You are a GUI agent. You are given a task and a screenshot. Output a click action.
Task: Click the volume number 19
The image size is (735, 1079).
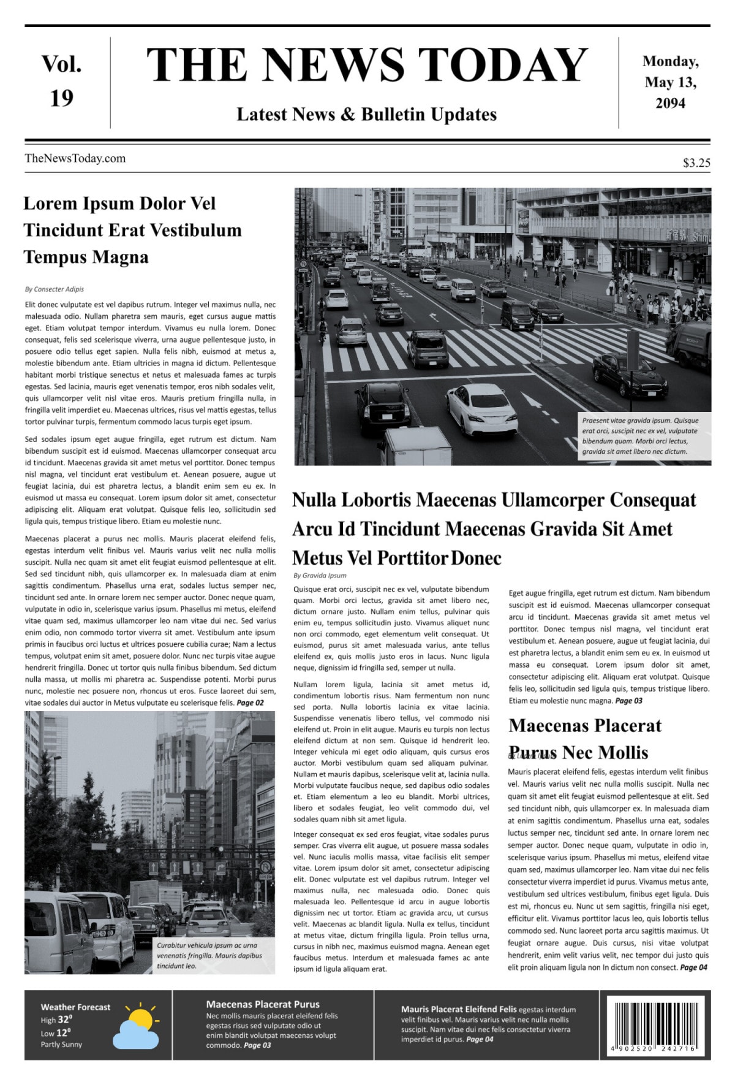pos(62,99)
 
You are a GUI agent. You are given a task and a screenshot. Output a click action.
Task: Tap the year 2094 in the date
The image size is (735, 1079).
pos(670,103)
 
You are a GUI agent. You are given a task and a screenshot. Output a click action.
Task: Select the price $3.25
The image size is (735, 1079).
pos(696,162)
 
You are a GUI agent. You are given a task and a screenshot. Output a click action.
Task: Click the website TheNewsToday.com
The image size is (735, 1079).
pos(75,158)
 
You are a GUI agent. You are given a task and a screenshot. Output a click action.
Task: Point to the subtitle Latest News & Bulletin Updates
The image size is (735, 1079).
pos(366,115)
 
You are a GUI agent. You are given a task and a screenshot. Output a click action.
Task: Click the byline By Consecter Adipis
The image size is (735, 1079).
pos(55,289)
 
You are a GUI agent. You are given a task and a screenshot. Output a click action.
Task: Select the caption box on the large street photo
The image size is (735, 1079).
pos(644,436)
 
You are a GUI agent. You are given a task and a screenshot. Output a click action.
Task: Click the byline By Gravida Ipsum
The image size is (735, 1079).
pos(320,575)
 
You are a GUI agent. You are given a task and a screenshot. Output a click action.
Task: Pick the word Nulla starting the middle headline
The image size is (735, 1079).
pos(314,500)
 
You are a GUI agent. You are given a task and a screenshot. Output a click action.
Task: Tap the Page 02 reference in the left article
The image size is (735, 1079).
pos(250,703)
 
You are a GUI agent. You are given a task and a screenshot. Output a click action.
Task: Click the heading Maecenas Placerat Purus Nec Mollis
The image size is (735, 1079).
pos(584,739)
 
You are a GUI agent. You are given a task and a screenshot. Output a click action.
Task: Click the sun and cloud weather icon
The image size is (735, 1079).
pos(137,1026)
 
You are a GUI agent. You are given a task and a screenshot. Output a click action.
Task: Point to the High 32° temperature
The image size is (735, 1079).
pos(56,1020)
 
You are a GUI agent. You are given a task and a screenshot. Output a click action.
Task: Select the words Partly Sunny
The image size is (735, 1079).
pos(61,1044)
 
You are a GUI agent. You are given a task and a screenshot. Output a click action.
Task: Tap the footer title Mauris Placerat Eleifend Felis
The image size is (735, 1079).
pos(458,1008)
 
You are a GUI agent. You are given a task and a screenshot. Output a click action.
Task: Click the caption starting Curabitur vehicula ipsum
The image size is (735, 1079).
pos(208,955)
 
